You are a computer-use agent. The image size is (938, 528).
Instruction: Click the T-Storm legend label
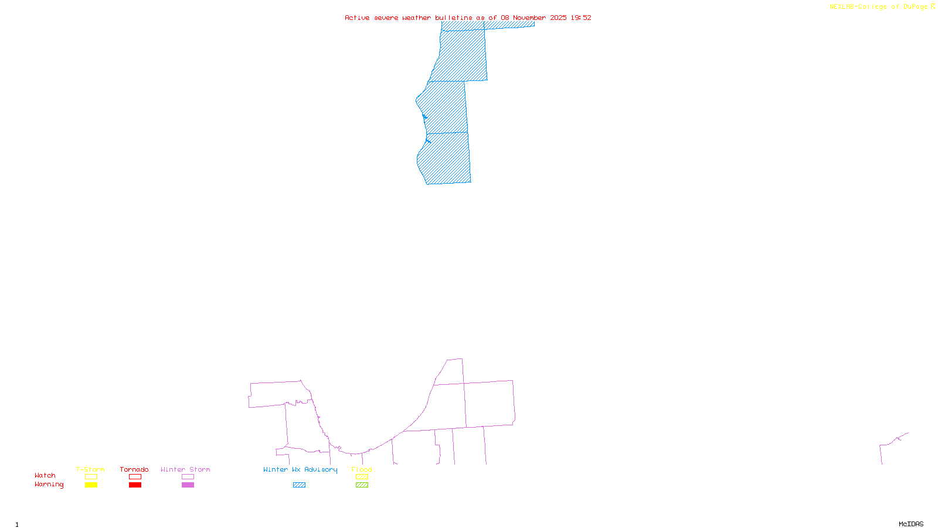click(90, 469)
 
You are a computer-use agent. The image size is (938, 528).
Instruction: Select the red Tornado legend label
click(134, 469)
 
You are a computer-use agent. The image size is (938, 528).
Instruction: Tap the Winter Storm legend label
click(185, 469)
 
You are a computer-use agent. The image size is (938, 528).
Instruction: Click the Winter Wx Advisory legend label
click(300, 469)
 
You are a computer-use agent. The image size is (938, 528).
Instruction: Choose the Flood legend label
click(362, 469)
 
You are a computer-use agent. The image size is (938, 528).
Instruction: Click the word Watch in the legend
click(45, 475)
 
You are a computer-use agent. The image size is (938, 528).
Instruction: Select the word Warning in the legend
click(49, 485)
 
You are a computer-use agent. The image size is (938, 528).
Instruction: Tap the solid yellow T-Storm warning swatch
click(91, 485)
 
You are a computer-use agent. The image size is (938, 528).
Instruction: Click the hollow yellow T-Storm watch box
click(91, 477)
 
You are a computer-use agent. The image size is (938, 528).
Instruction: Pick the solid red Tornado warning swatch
click(135, 485)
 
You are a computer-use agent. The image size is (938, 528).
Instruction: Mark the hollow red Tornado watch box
click(135, 477)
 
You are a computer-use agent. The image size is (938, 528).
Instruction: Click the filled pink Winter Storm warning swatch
click(188, 485)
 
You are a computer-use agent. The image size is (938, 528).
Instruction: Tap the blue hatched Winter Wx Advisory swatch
click(299, 485)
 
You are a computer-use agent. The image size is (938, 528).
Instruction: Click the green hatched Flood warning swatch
click(362, 485)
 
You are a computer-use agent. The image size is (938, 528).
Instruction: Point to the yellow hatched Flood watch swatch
click(362, 477)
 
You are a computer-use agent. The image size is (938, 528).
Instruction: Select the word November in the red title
click(529, 18)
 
